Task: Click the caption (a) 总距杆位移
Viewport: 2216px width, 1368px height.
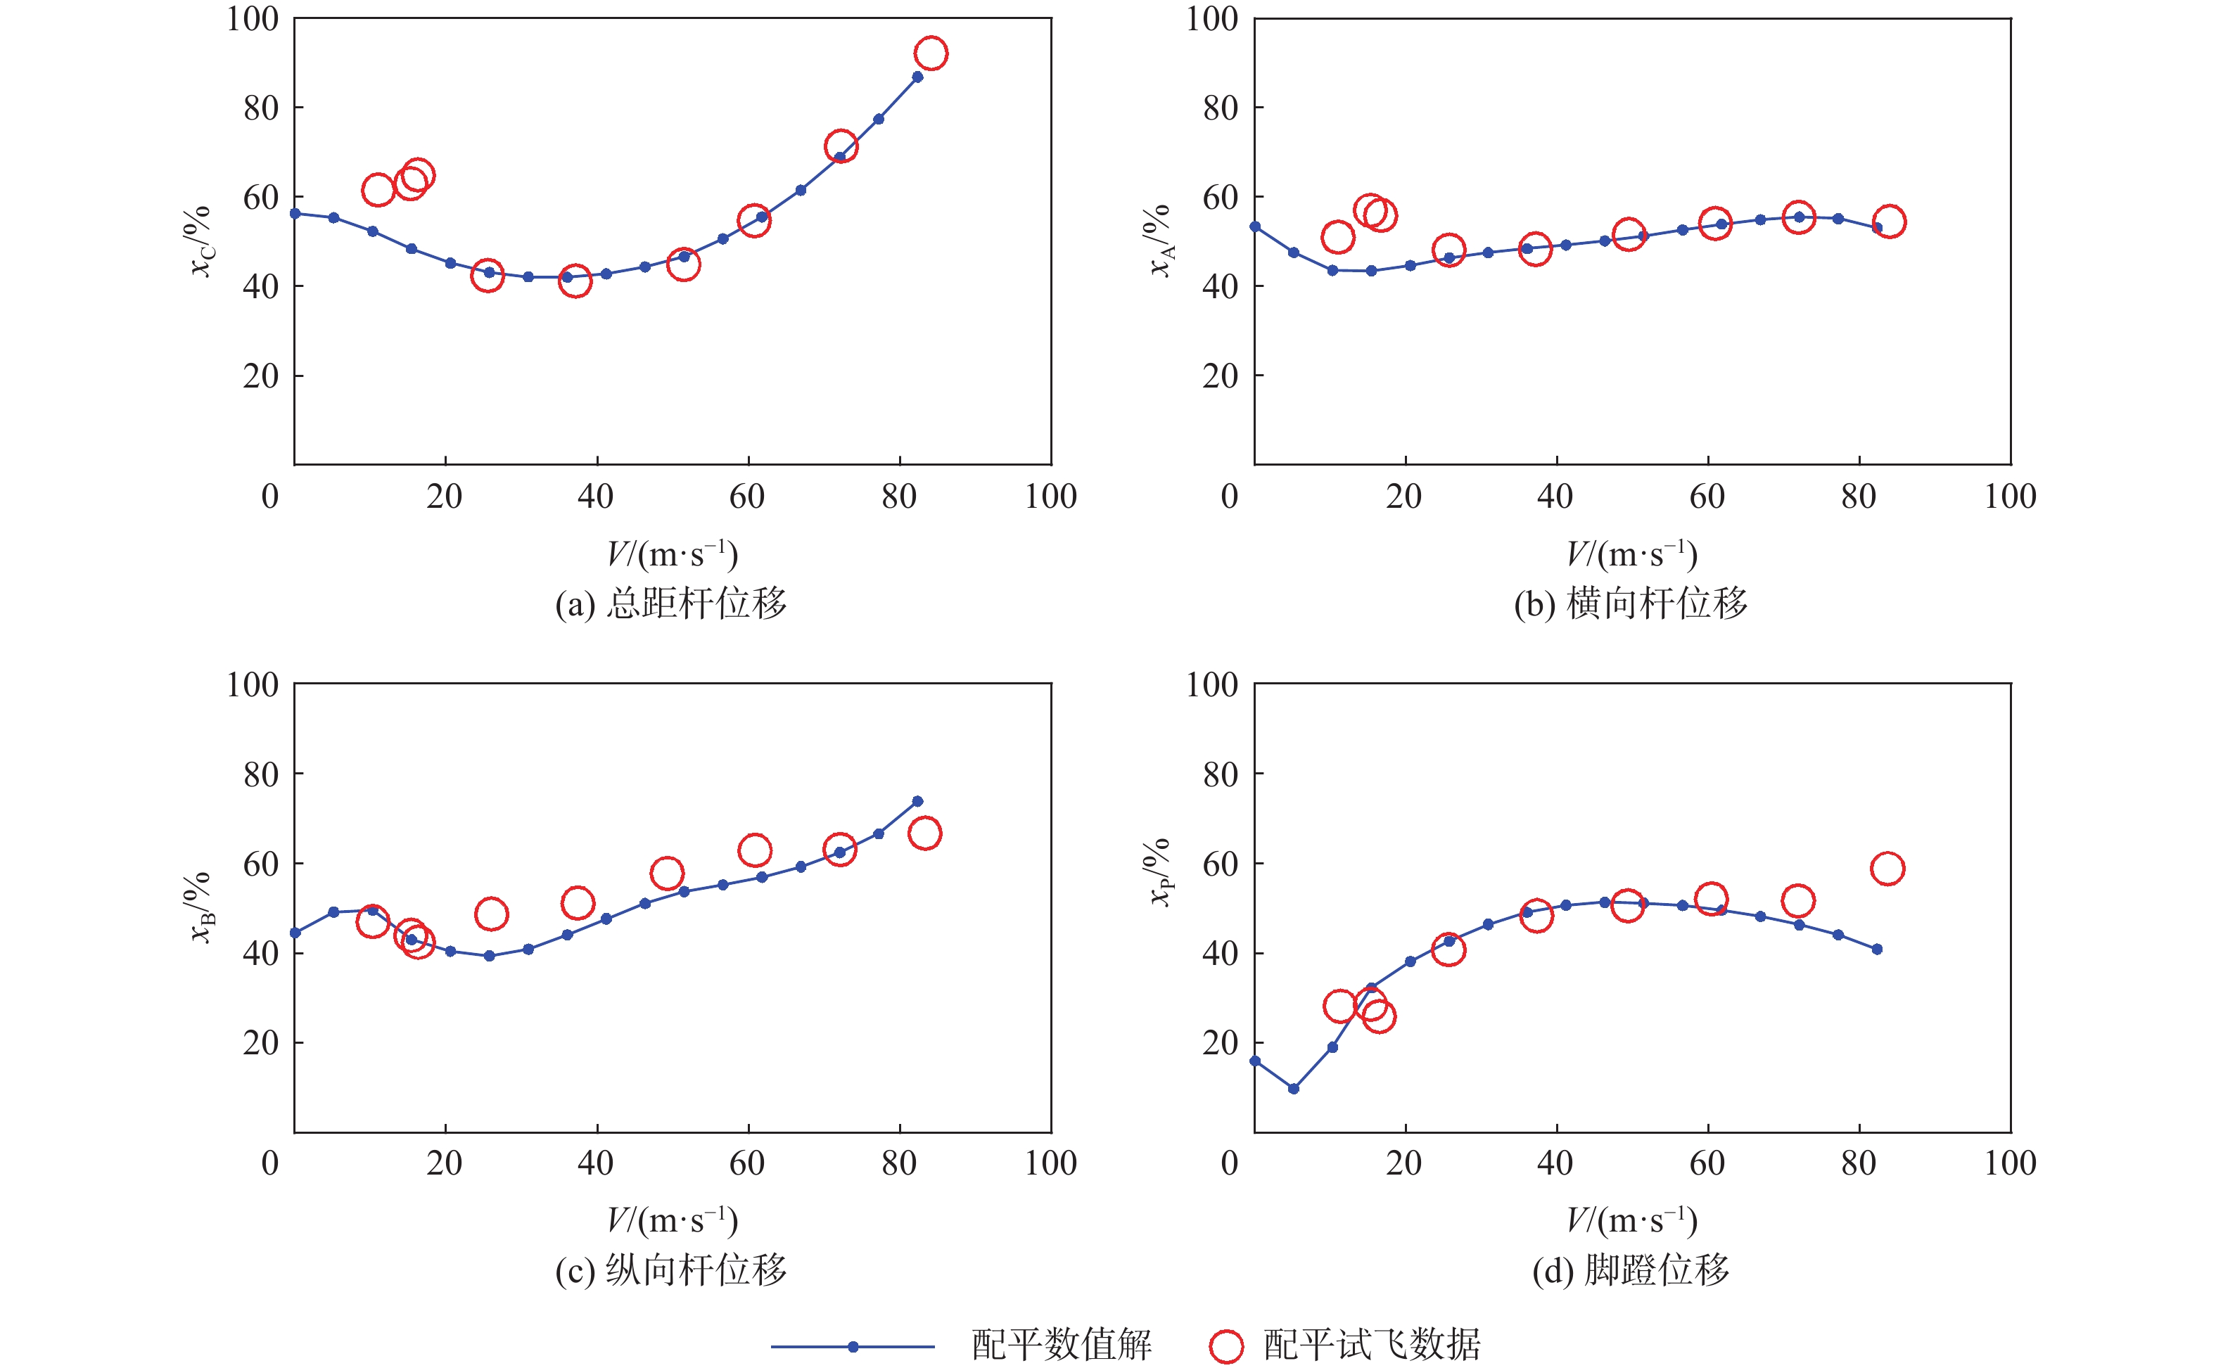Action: pos(670,603)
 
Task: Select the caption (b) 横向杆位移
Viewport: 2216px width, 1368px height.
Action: pos(1631,603)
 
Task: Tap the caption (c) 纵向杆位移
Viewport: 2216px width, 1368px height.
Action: pos(670,1270)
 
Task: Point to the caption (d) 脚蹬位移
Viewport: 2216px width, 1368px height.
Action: pos(1631,1270)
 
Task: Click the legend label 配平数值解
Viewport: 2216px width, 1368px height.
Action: pos(1062,1345)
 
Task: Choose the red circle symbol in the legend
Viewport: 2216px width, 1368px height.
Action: pos(1226,1346)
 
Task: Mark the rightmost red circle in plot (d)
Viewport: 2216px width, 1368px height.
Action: pos(1887,869)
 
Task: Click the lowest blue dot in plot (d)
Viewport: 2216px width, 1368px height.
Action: pos(1293,1089)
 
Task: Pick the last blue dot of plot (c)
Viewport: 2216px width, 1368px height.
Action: pos(917,800)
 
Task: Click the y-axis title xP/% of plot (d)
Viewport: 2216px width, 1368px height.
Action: pos(1160,872)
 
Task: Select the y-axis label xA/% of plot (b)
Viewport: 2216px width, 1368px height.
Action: pos(1160,241)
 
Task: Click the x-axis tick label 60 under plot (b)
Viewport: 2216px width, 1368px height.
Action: pos(1707,496)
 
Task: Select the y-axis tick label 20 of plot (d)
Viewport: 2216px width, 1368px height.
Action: pos(1220,1042)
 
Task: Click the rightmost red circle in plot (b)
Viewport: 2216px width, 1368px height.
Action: pos(1888,222)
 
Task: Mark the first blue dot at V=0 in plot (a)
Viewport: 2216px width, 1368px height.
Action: pos(295,214)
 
